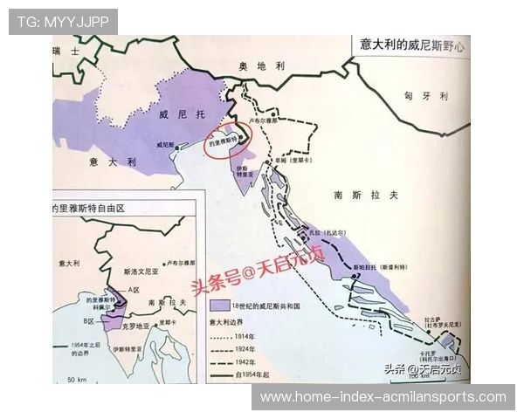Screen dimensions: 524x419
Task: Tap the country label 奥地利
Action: tap(263, 66)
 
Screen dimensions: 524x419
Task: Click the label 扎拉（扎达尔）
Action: tap(325, 232)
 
